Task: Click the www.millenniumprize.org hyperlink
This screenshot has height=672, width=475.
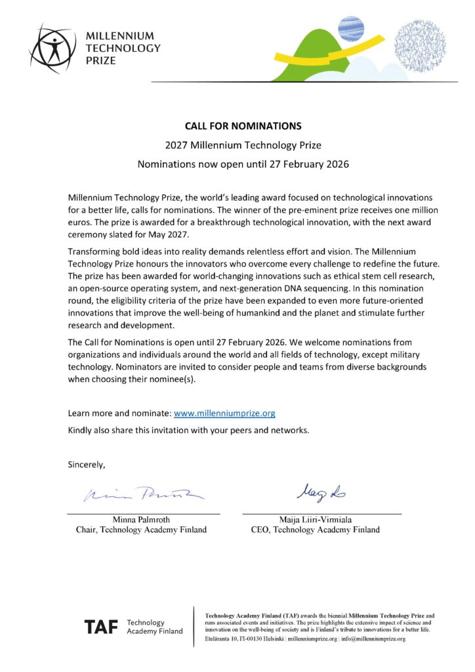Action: [x=224, y=413]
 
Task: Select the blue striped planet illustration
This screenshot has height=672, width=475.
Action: [x=351, y=28]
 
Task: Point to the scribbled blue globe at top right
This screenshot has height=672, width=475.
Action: [x=420, y=45]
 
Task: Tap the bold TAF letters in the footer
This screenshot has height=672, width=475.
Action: [x=102, y=627]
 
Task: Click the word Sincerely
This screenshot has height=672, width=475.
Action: [x=87, y=465]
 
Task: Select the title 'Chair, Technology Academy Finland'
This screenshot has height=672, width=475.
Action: [x=142, y=530]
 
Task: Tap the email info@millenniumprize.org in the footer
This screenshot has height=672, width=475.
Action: [x=374, y=639]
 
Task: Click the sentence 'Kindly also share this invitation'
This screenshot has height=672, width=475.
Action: [x=188, y=430]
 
